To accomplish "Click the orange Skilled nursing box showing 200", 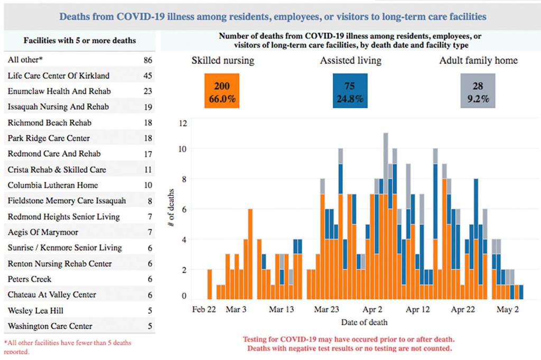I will (222, 91).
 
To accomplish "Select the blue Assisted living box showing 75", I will (349, 91).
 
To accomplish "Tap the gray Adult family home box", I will (478, 91).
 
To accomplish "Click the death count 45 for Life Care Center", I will (147, 75).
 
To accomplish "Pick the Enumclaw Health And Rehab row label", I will (59, 91).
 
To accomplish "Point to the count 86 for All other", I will (147, 60).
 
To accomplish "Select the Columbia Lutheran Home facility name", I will (53, 185).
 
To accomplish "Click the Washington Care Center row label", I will (50, 326).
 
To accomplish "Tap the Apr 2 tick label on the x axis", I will (373, 310).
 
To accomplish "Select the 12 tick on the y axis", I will (183, 124).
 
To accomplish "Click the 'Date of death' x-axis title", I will (365, 322).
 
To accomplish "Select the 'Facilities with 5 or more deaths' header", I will (80, 40).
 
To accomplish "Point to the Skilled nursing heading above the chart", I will (222, 61).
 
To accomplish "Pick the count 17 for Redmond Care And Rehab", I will (147, 154).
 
